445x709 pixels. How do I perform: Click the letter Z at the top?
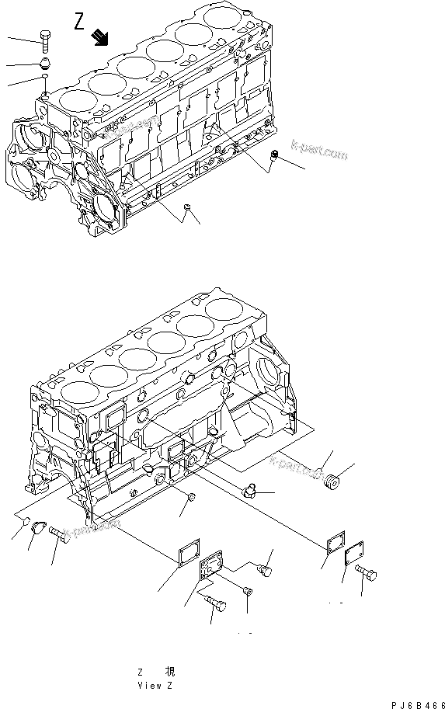click(80, 21)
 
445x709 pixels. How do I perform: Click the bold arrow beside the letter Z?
click(99, 36)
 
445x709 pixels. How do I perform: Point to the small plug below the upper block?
click(189, 207)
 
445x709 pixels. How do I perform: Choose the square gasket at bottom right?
click(333, 542)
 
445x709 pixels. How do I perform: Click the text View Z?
click(155, 686)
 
